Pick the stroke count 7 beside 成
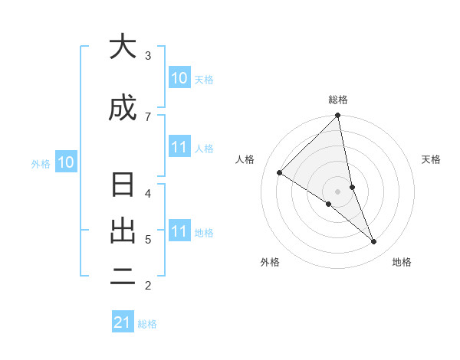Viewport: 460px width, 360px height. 147,116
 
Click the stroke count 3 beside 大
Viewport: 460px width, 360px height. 147,55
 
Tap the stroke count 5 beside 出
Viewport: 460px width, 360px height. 147,240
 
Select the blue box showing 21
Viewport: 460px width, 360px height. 123,323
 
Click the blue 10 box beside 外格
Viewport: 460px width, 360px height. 66,162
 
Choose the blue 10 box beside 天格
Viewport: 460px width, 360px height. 179,78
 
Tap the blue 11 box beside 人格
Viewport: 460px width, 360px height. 179,147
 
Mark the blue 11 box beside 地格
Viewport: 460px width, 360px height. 179,231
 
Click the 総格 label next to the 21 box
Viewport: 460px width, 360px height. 147,324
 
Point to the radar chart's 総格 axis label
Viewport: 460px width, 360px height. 338,100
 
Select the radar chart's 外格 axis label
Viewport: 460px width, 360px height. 270,262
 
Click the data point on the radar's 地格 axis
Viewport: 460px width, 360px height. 374,241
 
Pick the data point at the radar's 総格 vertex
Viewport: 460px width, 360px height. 338,116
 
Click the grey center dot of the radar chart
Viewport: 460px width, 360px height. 338,191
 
